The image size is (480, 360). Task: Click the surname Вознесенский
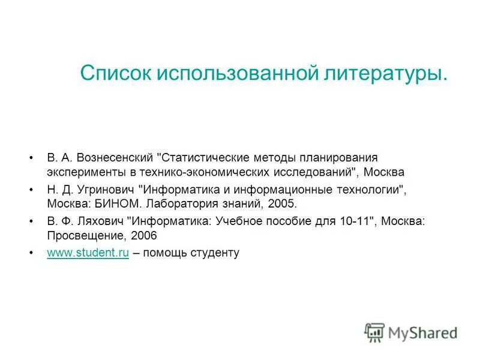coord(115,158)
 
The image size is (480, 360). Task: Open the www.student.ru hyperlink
coord(88,253)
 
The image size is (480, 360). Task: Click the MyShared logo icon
coord(374,332)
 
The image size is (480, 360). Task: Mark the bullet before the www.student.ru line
coord(31,253)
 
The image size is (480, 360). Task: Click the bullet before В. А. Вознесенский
coord(31,158)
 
